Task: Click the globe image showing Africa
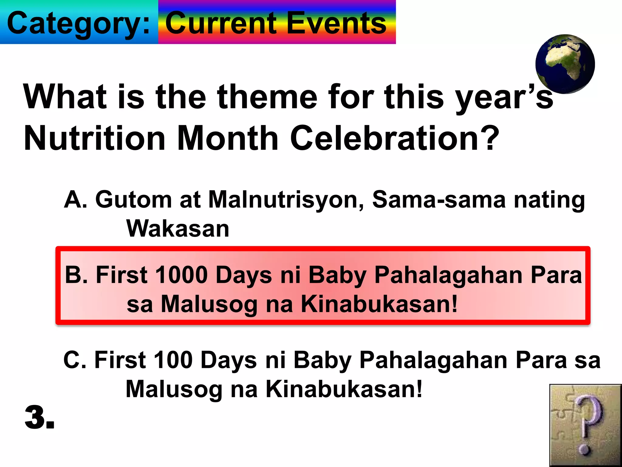(x=565, y=64)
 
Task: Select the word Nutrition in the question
(x=94, y=138)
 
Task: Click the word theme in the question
(x=267, y=97)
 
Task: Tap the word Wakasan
(x=178, y=229)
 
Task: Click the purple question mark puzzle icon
(x=585, y=425)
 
